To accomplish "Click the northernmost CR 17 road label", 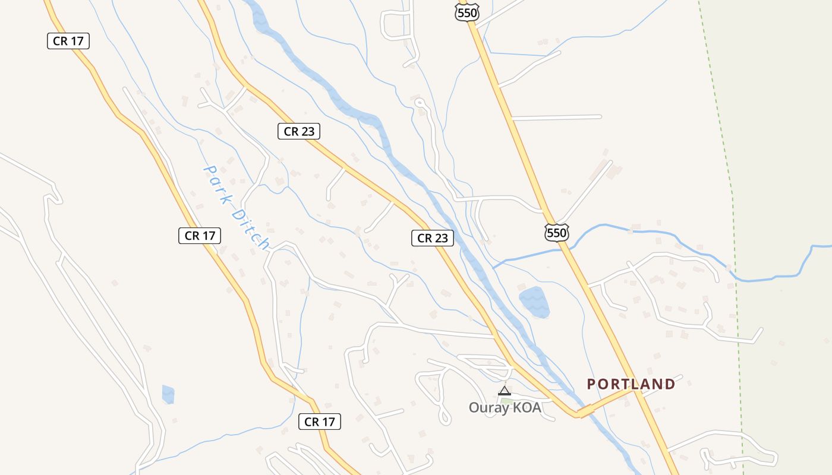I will (x=68, y=41).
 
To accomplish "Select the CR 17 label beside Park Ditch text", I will (x=200, y=236).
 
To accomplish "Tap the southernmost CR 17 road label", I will (x=320, y=422).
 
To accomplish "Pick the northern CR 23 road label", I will (x=299, y=132).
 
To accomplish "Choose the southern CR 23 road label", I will (x=433, y=239).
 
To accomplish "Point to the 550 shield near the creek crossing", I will (x=557, y=232).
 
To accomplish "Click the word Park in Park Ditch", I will (x=218, y=184).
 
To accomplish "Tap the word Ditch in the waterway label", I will (x=251, y=229).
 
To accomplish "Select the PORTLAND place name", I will (x=631, y=384).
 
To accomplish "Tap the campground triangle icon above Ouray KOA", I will (x=504, y=391).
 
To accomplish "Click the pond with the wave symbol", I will (x=534, y=302).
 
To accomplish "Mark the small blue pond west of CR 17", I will (x=168, y=394).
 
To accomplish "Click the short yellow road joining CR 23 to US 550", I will (x=606, y=401).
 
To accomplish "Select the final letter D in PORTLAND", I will (x=670, y=384).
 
